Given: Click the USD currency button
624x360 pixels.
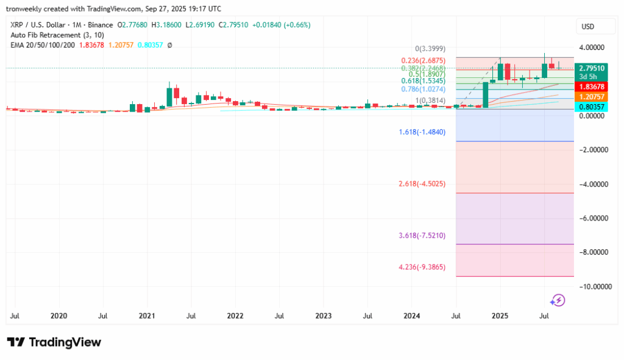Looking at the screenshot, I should click(x=588, y=27).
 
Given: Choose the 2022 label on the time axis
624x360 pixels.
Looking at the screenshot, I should click(x=235, y=316).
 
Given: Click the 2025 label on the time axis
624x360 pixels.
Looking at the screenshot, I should click(x=500, y=316).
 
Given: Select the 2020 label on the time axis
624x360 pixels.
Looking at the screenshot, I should click(x=58, y=316).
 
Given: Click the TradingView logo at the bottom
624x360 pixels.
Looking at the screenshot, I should click(x=54, y=342).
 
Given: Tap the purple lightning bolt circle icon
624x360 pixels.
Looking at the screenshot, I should click(x=558, y=300).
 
